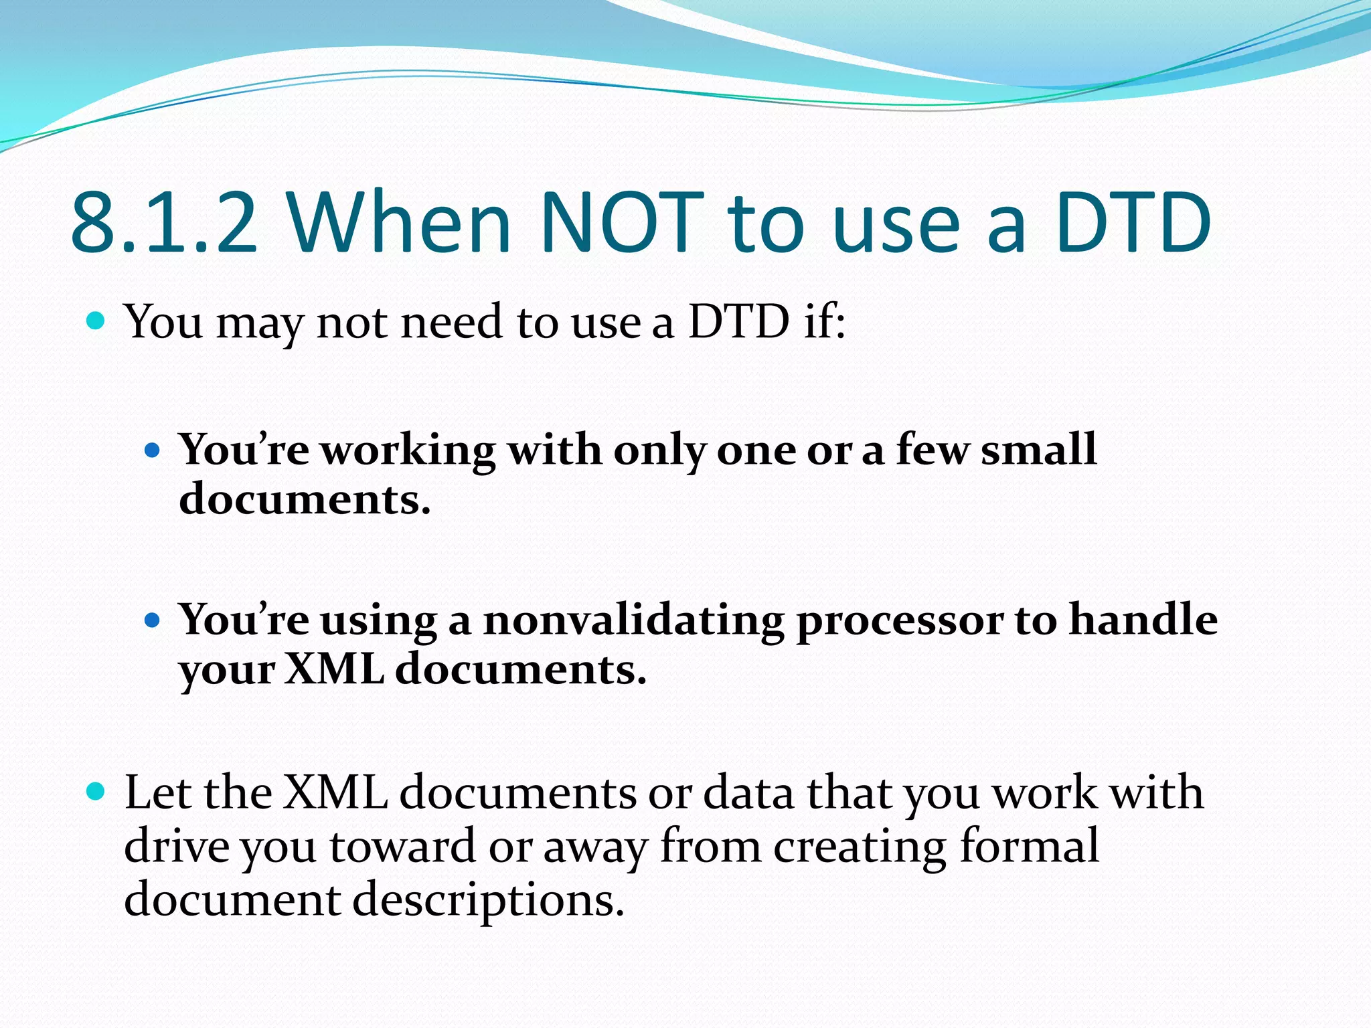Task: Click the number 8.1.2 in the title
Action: pyautogui.click(x=164, y=222)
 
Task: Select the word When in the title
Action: pyautogui.click(x=400, y=222)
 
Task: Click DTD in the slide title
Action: pyautogui.click(x=1133, y=222)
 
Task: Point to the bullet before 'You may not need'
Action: pyautogui.click(x=96, y=321)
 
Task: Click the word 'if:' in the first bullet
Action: pyautogui.click(x=825, y=321)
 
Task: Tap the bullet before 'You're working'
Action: pyautogui.click(x=153, y=450)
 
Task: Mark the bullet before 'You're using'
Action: pyautogui.click(x=153, y=620)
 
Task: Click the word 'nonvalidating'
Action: pyautogui.click(x=633, y=620)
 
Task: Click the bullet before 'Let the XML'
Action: pyautogui.click(x=96, y=792)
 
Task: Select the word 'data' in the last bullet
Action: pyautogui.click(x=749, y=792)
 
